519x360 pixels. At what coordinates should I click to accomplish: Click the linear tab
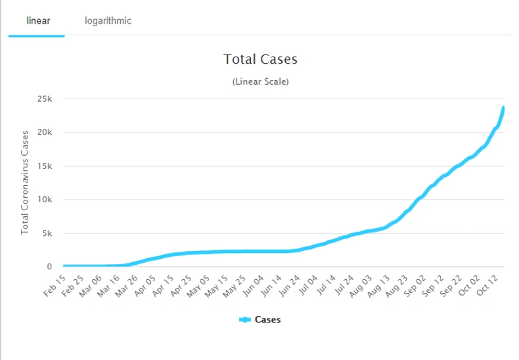coord(38,20)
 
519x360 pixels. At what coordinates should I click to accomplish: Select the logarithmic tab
coord(108,20)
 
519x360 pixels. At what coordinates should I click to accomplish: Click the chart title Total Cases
coord(260,59)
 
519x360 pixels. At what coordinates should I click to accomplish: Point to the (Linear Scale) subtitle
coord(260,82)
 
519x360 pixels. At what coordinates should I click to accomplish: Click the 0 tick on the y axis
coord(49,267)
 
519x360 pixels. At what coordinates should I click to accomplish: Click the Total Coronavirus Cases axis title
coord(25,183)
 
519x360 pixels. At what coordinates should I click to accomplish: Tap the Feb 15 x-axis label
coord(56,286)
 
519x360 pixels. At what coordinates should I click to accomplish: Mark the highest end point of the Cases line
coord(503,108)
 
